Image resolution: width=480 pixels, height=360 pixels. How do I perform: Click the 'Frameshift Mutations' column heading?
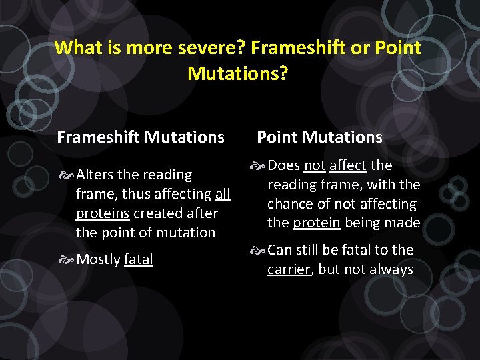pyautogui.click(x=141, y=137)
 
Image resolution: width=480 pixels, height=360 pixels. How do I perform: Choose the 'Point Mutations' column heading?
pyautogui.click(x=320, y=137)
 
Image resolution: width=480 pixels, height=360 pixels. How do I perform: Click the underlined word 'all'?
pyautogui.click(x=223, y=194)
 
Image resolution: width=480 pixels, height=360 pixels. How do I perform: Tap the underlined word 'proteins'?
pyautogui.click(x=103, y=213)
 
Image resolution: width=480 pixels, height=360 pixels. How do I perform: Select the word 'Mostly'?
pyautogui.click(x=98, y=259)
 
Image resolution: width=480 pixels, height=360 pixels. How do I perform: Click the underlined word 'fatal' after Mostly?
pyautogui.click(x=139, y=259)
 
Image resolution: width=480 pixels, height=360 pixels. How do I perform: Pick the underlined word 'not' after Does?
pyautogui.click(x=314, y=165)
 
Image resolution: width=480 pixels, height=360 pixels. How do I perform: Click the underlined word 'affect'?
pyautogui.click(x=348, y=165)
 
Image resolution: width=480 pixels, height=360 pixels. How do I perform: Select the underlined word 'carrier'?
pyautogui.click(x=289, y=269)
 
